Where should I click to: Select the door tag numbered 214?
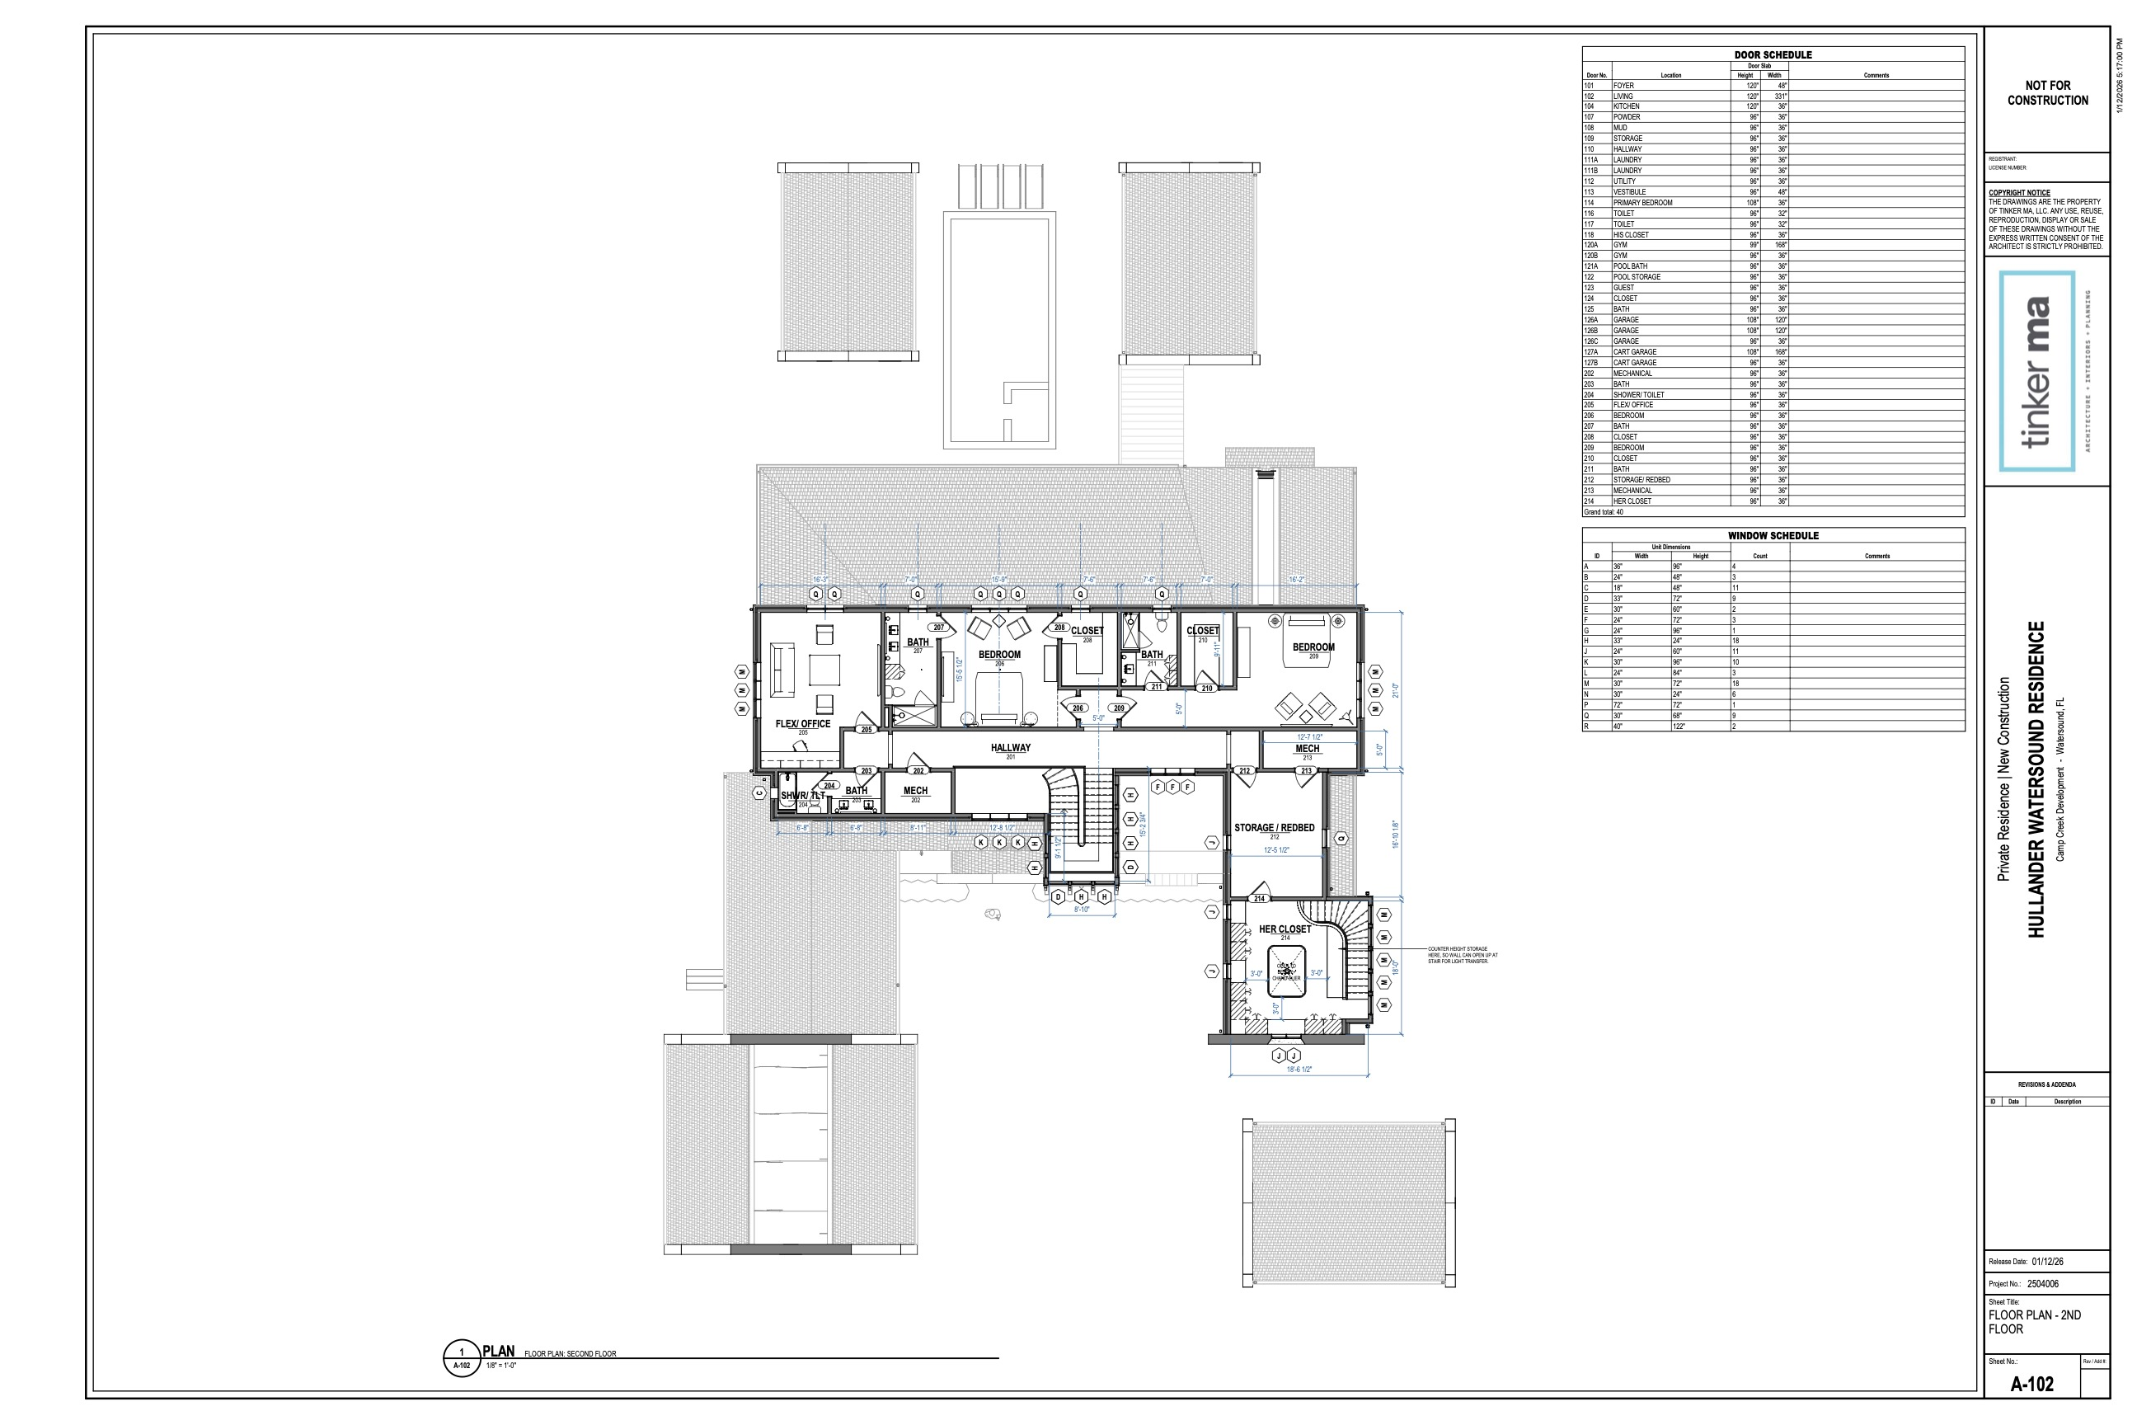click(x=1259, y=899)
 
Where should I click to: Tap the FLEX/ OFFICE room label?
click(x=802, y=725)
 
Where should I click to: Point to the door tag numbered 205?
click(x=866, y=730)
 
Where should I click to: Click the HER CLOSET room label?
click(x=1285, y=929)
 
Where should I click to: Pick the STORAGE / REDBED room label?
click(x=1274, y=829)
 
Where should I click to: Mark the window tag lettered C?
click(x=759, y=793)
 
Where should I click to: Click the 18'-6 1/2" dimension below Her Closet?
click(x=1299, y=1070)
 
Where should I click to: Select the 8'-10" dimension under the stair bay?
click(x=1081, y=910)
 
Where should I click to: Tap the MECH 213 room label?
click(x=1308, y=750)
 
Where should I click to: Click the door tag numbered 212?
click(x=1245, y=771)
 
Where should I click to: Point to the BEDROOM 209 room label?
click(x=1313, y=649)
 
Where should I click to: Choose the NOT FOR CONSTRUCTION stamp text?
click(x=2047, y=92)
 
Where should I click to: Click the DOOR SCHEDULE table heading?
click(x=1773, y=54)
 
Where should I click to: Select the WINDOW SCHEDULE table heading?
click(x=1773, y=536)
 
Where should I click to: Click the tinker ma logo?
click(x=2037, y=371)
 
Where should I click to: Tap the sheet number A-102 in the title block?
click(x=2031, y=1384)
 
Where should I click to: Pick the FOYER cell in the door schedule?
click(x=1623, y=86)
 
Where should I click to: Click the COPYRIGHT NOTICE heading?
click(x=2019, y=193)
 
